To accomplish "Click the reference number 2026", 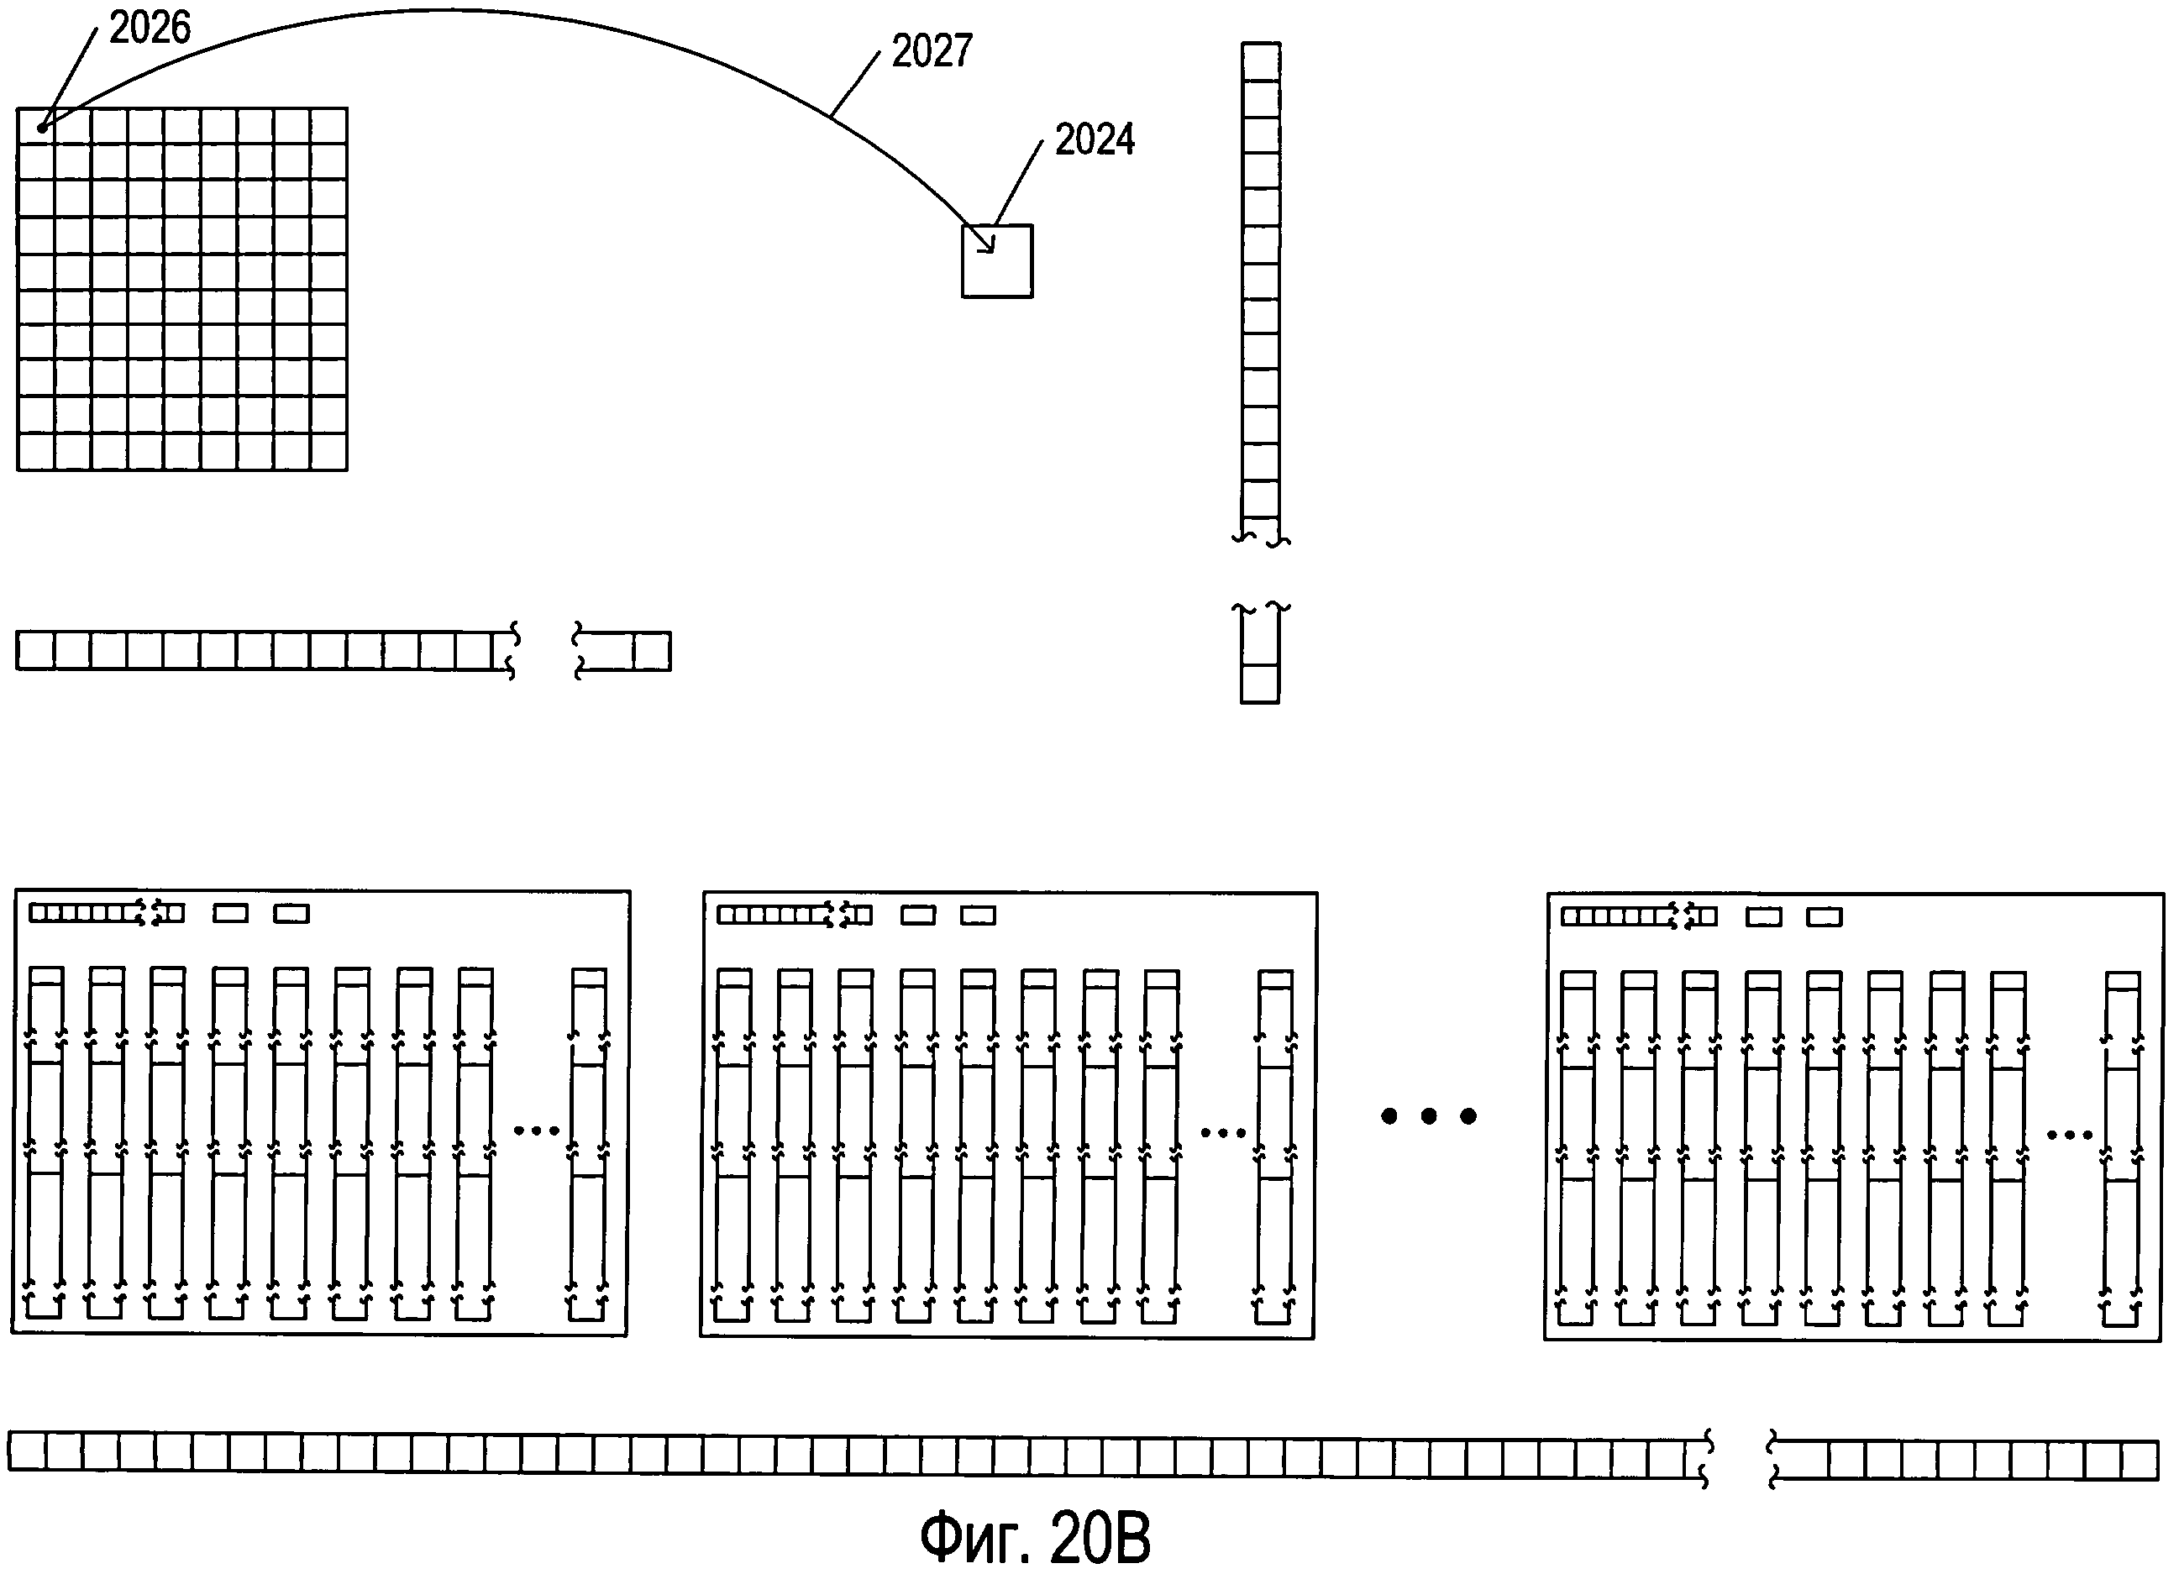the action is tap(150, 28).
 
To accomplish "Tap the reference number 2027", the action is tap(932, 51).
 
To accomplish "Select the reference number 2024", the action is tap(1095, 140).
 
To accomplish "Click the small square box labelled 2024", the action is tap(997, 261).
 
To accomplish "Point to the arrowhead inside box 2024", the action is tap(987, 246).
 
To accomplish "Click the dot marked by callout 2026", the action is tap(42, 128).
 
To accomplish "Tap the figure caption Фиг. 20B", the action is tap(1035, 1538).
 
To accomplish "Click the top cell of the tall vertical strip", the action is tap(1261, 61).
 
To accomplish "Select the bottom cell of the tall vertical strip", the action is tap(1259, 685).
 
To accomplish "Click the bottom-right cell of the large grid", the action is tap(329, 452).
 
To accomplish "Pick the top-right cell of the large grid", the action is tap(329, 126).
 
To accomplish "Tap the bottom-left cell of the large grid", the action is tap(35, 452).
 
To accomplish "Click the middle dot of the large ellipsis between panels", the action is tap(1429, 1115).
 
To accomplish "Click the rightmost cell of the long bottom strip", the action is tap(2140, 1460).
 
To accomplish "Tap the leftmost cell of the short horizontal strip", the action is tap(34, 651).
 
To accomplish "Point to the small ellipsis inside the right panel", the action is tap(2070, 1136).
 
